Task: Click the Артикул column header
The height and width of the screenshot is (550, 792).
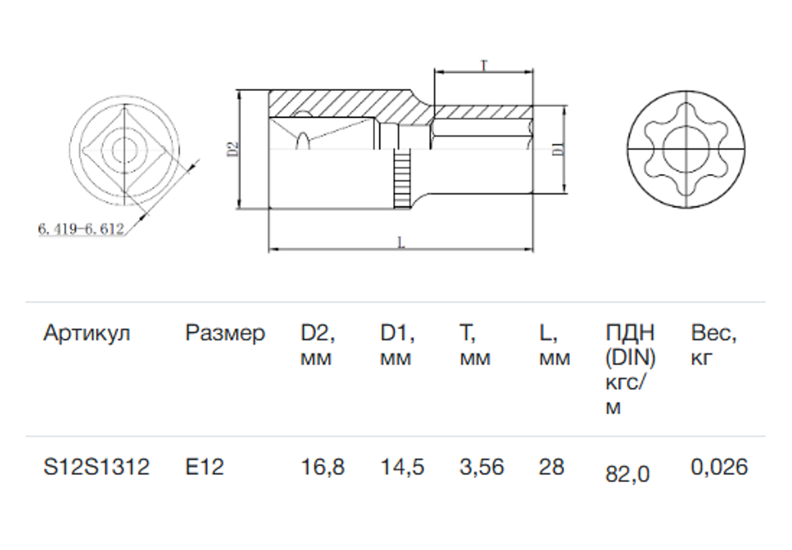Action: (x=87, y=333)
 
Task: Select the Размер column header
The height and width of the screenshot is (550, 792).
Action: (x=225, y=333)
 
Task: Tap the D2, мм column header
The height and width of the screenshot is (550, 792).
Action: (x=318, y=345)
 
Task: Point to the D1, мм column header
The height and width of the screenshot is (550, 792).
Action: (x=398, y=345)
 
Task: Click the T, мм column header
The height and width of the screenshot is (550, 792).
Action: (x=475, y=345)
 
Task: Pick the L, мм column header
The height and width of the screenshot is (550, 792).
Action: (x=554, y=345)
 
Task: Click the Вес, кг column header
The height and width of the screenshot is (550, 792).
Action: (x=714, y=345)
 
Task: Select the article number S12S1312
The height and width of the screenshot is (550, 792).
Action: (x=96, y=467)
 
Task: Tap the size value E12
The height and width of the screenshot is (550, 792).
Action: (x=205, y=467)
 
